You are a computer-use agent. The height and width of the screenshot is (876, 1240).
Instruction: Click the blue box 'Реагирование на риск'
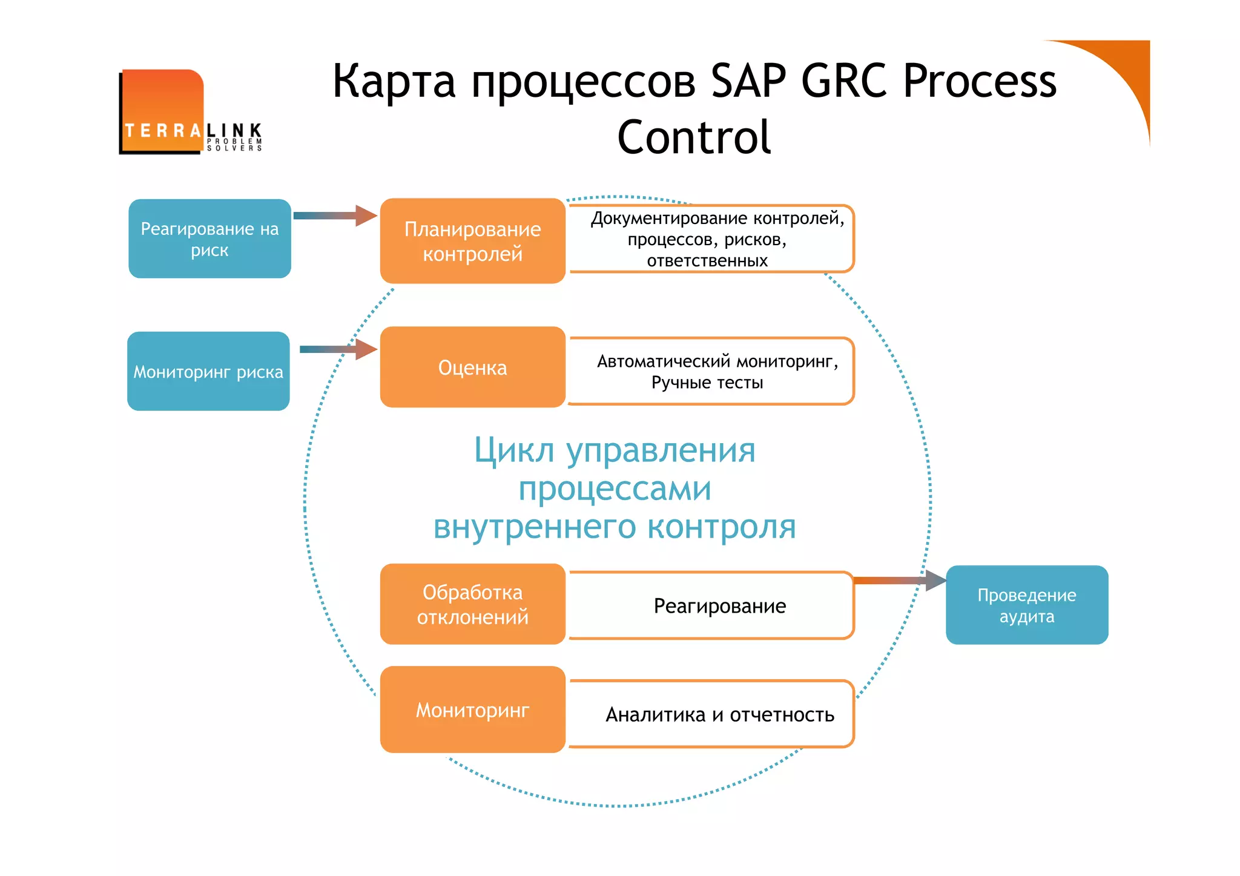coord(209,239)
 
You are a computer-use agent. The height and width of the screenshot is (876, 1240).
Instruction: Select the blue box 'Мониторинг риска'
coord(208,371)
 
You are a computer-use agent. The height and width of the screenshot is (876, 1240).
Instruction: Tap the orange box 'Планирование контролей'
coord(472,241)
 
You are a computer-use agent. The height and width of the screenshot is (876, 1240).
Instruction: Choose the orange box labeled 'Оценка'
coord(472,367)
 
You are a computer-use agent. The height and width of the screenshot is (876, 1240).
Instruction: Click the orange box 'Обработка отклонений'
coord(472,604)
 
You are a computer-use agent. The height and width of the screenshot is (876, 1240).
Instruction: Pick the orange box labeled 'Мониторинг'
coord(472,710)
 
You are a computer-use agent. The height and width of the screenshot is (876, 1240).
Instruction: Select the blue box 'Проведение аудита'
coord(1027,605)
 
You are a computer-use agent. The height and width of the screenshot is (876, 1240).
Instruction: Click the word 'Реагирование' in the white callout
coord(719,606)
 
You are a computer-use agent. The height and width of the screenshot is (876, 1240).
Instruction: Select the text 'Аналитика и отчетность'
coord(719,715)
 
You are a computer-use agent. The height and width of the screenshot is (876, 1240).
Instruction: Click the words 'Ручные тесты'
coord(707,383)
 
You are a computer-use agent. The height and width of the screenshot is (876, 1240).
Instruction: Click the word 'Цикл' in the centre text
coord(514,451)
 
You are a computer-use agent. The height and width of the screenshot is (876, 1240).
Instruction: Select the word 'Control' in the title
coord(694,137)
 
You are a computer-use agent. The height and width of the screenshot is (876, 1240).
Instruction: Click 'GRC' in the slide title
coord(846,81)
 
